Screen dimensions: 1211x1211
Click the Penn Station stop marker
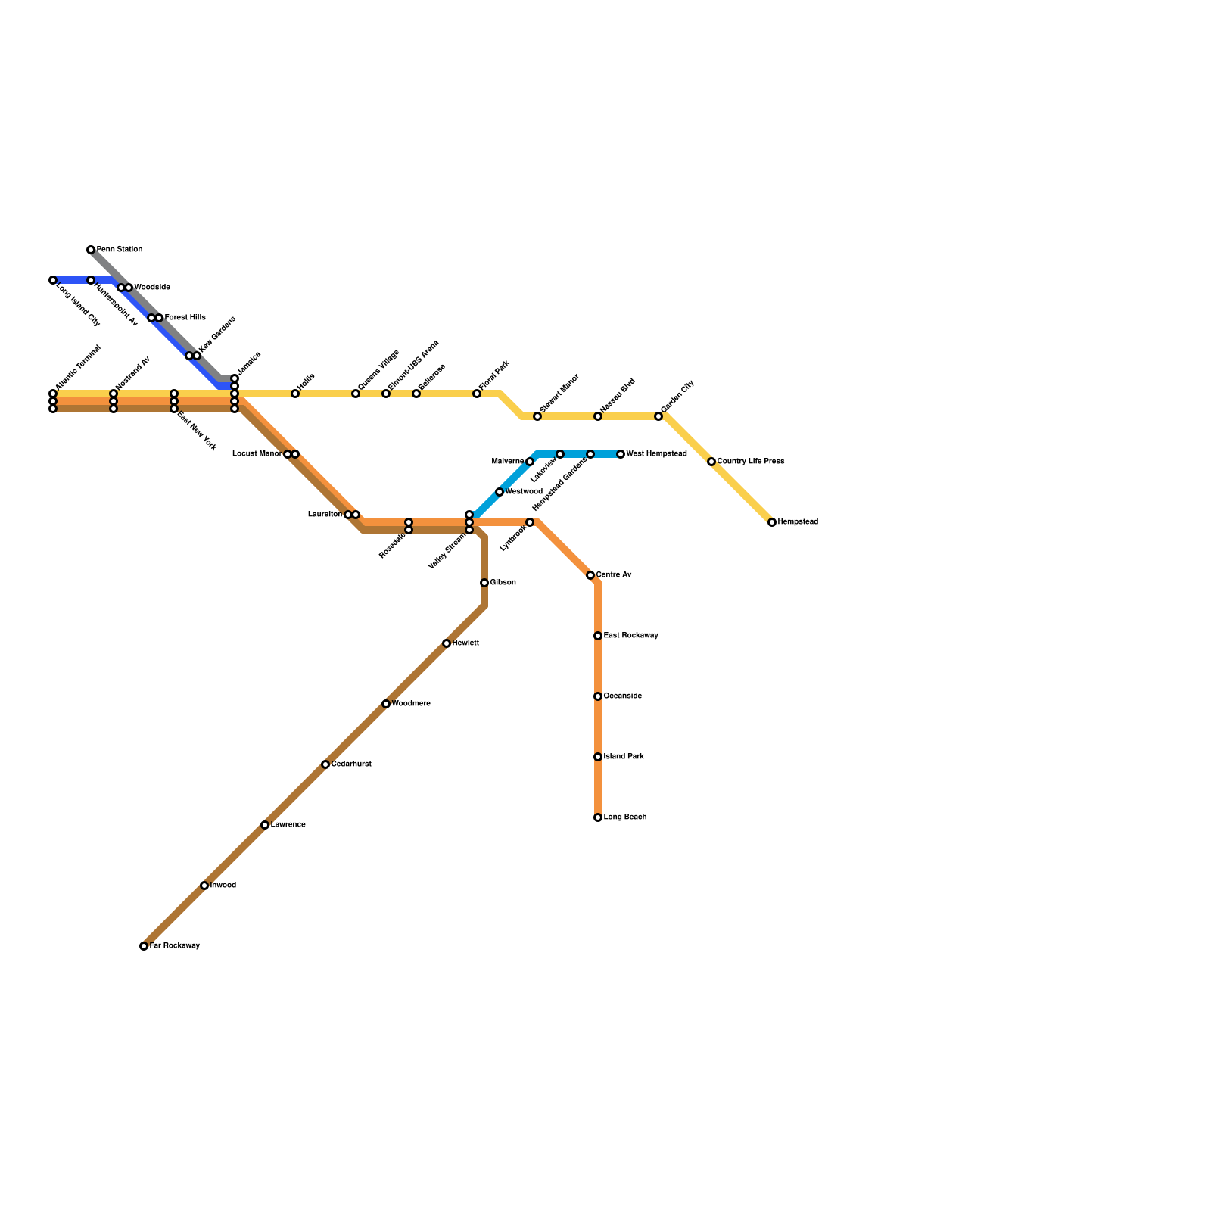(x=91, y=250)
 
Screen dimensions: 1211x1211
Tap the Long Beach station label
(x=624, y=817)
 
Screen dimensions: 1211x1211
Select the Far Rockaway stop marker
(x=144, y=946)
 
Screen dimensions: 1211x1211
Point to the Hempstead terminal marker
(x=772, y=522)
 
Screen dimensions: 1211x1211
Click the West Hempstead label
(x=656, y=454)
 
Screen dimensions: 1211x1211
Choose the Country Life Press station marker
(x=711, y=462)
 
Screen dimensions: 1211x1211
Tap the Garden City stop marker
(x=658, y=416)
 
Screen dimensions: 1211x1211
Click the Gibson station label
(x=503, y=583)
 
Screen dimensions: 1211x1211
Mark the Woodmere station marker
(x=386, y=704)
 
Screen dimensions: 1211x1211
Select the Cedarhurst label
(x=351, y=764)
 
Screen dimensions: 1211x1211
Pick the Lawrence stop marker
(x=265, y=825)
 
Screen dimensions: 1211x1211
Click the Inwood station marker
(x=204, y=886)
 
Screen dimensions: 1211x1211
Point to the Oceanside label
(x=622, y=696)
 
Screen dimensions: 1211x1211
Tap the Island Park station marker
(x=598, y=757)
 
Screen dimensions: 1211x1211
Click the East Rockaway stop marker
(x=598, y=636)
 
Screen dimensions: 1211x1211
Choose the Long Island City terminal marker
(x=53, y=280)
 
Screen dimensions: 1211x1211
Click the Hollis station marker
(x=295, y=394)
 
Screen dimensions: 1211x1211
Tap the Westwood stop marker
(x=500, y=492)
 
